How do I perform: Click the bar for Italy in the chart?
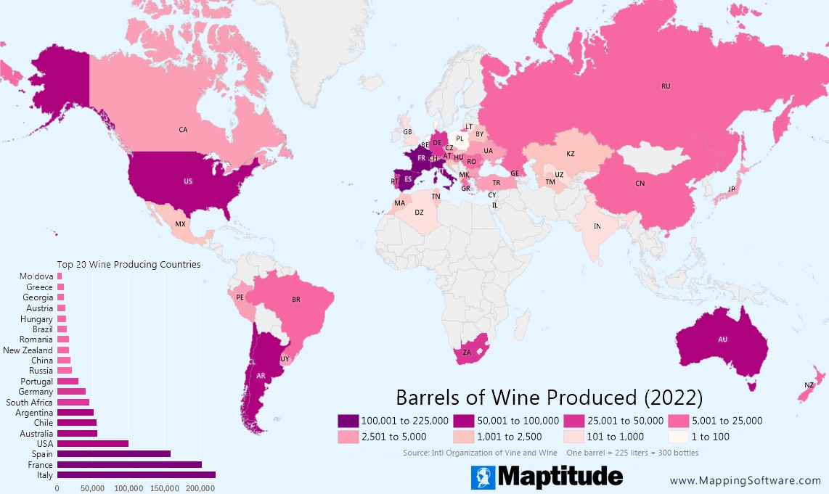coord(136,474)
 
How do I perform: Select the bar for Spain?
coord(113,453)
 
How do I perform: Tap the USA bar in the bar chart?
coord(92,443)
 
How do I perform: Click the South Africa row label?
coord(29,402)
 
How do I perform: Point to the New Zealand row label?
coord(28,350)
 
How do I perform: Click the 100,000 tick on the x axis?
coord(128,488)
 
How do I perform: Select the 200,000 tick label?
coord(200,488)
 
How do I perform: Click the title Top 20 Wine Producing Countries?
coord(128,265)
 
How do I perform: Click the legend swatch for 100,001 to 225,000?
coord(348,421)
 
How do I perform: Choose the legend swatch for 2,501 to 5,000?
coord(348,437)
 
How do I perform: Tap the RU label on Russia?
coord(665,86)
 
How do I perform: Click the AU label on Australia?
coord(722,339)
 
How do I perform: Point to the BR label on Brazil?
coord(295,300)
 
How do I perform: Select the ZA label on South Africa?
coord(467,353)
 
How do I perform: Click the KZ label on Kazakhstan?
coord(570,154)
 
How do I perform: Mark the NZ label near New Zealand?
coord(809,384)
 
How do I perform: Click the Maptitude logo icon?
coord(483,477)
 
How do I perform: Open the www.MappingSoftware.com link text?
coord(745,480)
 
